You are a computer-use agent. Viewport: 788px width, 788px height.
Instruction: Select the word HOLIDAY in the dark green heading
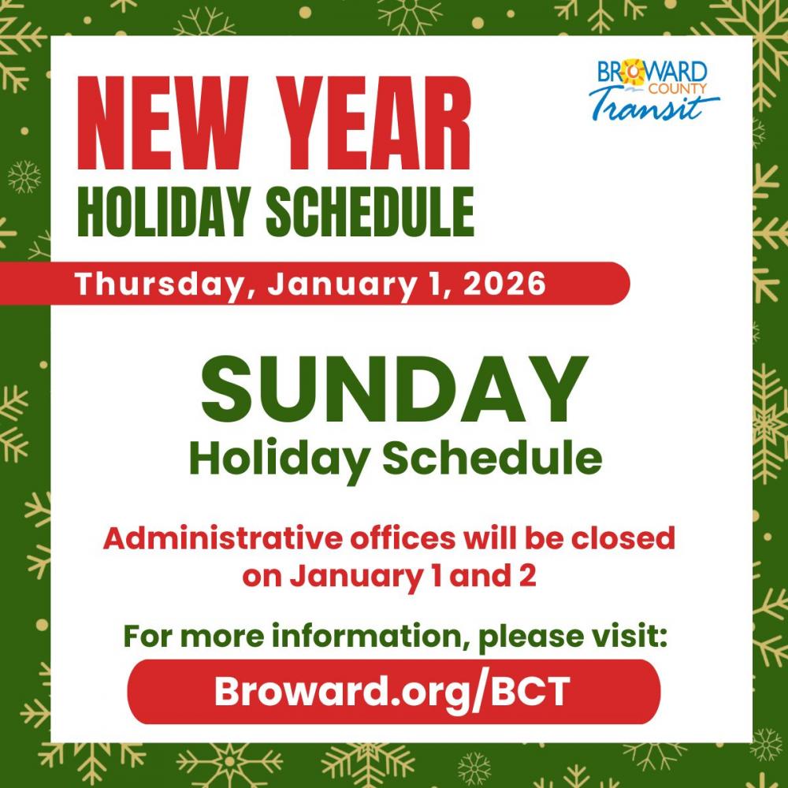pyautogui.click(x=164, y=211)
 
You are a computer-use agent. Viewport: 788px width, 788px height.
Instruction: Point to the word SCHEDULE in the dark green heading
pyautogui.click(x=370, y=211)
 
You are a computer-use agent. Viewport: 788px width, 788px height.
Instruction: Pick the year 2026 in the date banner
pyautogui.click(x=504, y=284)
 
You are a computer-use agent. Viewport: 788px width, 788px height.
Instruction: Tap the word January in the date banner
pyautogui.click(x=342, y=284)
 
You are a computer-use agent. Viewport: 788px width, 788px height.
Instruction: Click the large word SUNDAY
pyautogui.click(x=395, y=389)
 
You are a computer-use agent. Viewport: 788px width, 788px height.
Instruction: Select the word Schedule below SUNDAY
pyautogui.click(x=492, y=459)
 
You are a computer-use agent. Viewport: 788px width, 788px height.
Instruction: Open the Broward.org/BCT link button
pyautogui.click(x=394, y=692)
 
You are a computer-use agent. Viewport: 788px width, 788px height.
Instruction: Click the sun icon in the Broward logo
pyautogui.click(x=634, y=72)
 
